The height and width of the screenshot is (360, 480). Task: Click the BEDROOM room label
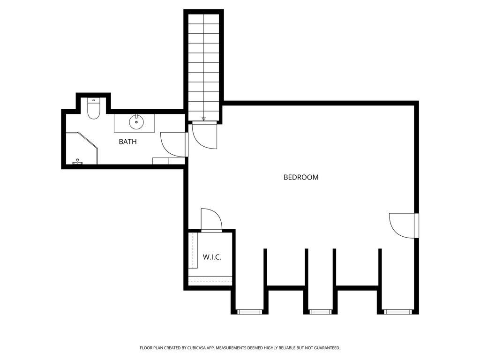click(x=301, y=177)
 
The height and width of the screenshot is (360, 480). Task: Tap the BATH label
click(x=127, y=142)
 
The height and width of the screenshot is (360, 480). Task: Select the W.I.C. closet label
click(x=212, y=257)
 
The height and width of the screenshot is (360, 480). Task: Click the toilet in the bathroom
click(x=93, y=108)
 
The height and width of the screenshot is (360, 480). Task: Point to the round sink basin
click(x=136, y=122)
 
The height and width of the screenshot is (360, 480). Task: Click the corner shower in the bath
click(x=82, y=148)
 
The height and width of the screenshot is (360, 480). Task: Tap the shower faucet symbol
click(x=77, y=162)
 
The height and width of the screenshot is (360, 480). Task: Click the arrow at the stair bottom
click(x=203, y=119)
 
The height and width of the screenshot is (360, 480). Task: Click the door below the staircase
click(x=204, y=135)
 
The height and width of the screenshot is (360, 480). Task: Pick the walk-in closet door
click(x=211, y=219)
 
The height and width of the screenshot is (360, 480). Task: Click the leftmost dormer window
click(x=250, y=312)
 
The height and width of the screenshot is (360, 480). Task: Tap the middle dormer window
click(x=321, y=312)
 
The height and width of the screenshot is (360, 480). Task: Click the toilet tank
click(x=93, y=100)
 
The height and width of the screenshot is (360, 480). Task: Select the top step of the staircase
click(x=203, y=19)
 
